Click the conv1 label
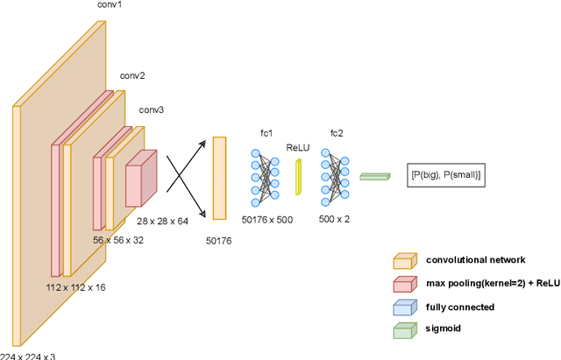(x=110, y=5)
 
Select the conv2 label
(x=131, y=75)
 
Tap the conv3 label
(x=151, y=110)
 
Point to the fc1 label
(x=266, y=132)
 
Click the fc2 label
(x=336, y=132)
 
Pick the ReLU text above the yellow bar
(x=299, y=148)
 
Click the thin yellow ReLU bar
(x=298, y=177)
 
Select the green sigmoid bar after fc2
(x=374, y=176)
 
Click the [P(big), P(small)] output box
(x=447, y=175)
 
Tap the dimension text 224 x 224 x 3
(x=28, y=355)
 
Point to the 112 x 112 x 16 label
(x=75, y=287)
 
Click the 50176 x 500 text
(x=268, y=219)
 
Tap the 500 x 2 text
(x=335, y=219)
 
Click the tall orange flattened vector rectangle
(x=219, y=176)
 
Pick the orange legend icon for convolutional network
(x=404, y=261)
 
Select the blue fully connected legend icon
(x=404, y=307)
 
